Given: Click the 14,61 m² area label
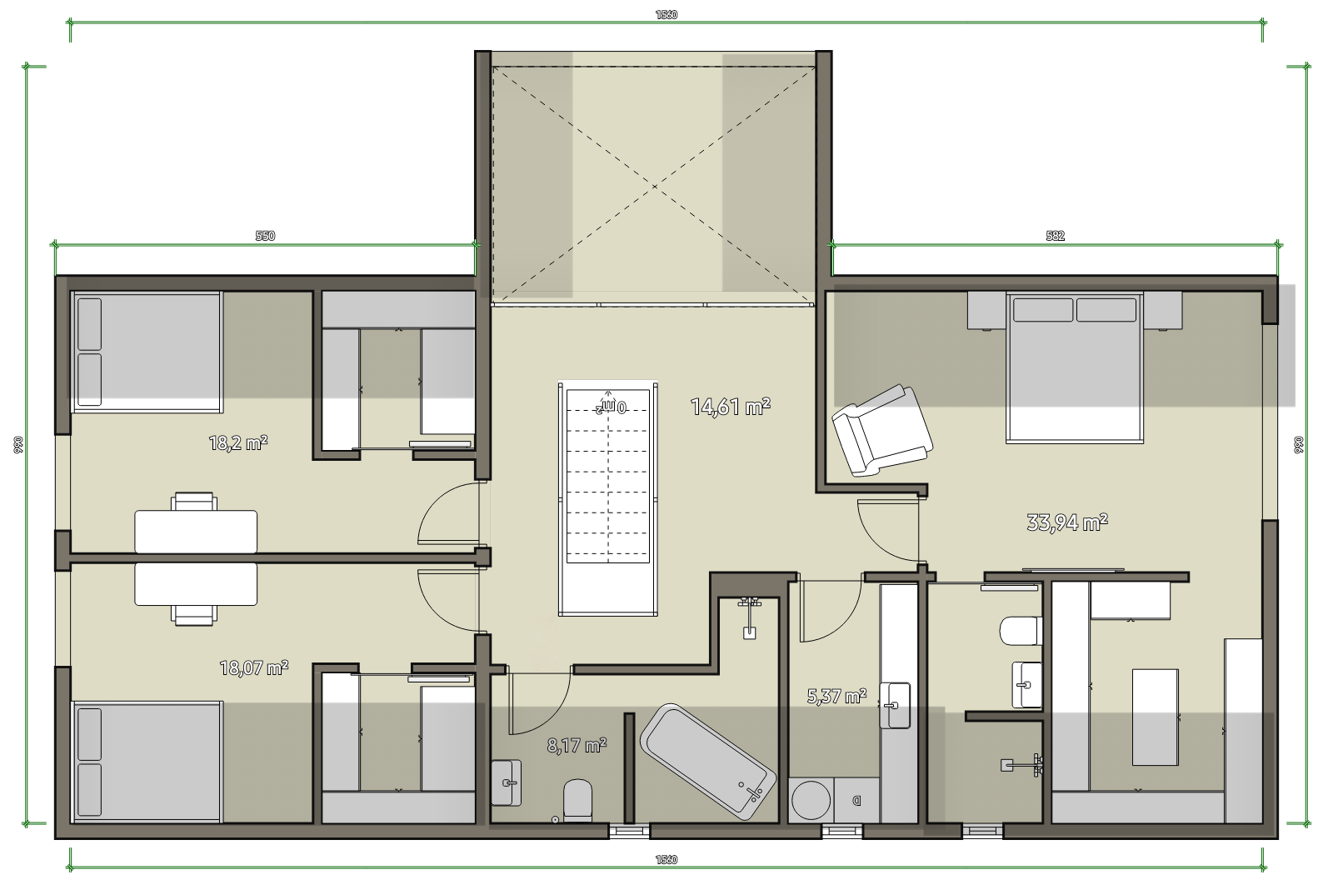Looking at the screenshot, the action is (x=730, y=407).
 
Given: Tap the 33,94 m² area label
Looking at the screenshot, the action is (x=1067, y=522).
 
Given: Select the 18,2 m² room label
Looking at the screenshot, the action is (x=238, y=442).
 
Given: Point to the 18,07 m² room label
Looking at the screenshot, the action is (x=254, y=667).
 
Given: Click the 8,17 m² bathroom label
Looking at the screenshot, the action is (x=577, y=745).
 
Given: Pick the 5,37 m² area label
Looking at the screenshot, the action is (x=836, y=695).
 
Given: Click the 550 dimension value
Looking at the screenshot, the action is (x=266, y=236).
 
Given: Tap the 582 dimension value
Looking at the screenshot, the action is (x=1055, y=236).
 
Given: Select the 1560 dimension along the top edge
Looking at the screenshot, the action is (x=666, y=15).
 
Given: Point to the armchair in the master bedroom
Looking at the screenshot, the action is (x=882, y=430).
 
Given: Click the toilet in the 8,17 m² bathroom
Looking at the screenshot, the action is (x=578, y=801).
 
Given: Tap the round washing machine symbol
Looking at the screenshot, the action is (x=810, y=800).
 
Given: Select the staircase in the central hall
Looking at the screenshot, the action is (x=607, y=499).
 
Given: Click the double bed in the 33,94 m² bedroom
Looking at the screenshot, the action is (x=1075, y=367).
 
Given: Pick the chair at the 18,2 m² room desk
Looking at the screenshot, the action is (x=194, y=502).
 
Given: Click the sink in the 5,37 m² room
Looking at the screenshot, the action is (x=895, y=705).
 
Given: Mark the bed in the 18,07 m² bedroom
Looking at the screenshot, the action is (x=147, y=762).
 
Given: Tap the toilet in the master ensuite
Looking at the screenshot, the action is (x=1021, y=631).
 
